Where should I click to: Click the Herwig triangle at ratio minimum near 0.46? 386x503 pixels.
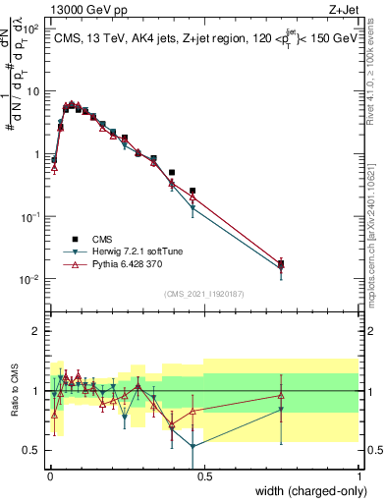pyautogui.click(x=193, y=446)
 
